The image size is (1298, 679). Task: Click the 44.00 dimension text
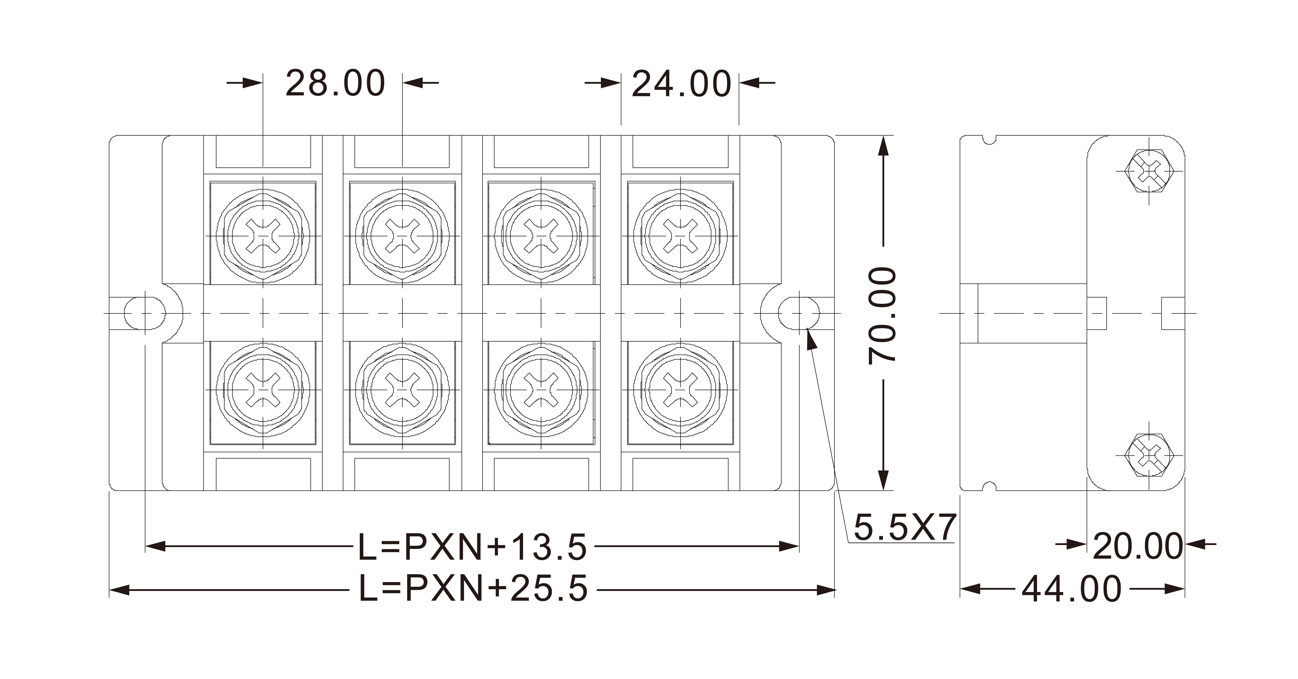click(x=1072, y=589)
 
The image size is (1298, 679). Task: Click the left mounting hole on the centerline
click(x=145, y=313)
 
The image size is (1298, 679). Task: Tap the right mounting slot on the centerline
click(x=799, y=313)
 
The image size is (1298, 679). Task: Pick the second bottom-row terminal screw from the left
click(x=402, y=390)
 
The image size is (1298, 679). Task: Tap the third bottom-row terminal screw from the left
click(x=541, y=390)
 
